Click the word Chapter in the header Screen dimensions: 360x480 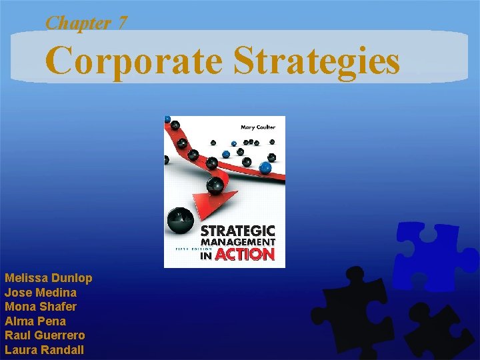(77, 22)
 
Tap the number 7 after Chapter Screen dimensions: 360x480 (122, 22)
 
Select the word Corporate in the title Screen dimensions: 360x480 (133, 61)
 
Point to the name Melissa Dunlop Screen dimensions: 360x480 (48, 278)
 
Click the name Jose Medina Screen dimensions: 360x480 (40, 293)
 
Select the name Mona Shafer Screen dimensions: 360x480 (40, 307)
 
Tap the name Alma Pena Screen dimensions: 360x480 (35, 321)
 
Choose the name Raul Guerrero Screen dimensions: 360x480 (44, 335)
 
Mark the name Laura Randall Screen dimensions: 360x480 (44, 350)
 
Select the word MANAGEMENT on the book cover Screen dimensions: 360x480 (239, 242)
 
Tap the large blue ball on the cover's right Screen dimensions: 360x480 (267, 167)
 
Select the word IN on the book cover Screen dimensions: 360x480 (206, 255)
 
